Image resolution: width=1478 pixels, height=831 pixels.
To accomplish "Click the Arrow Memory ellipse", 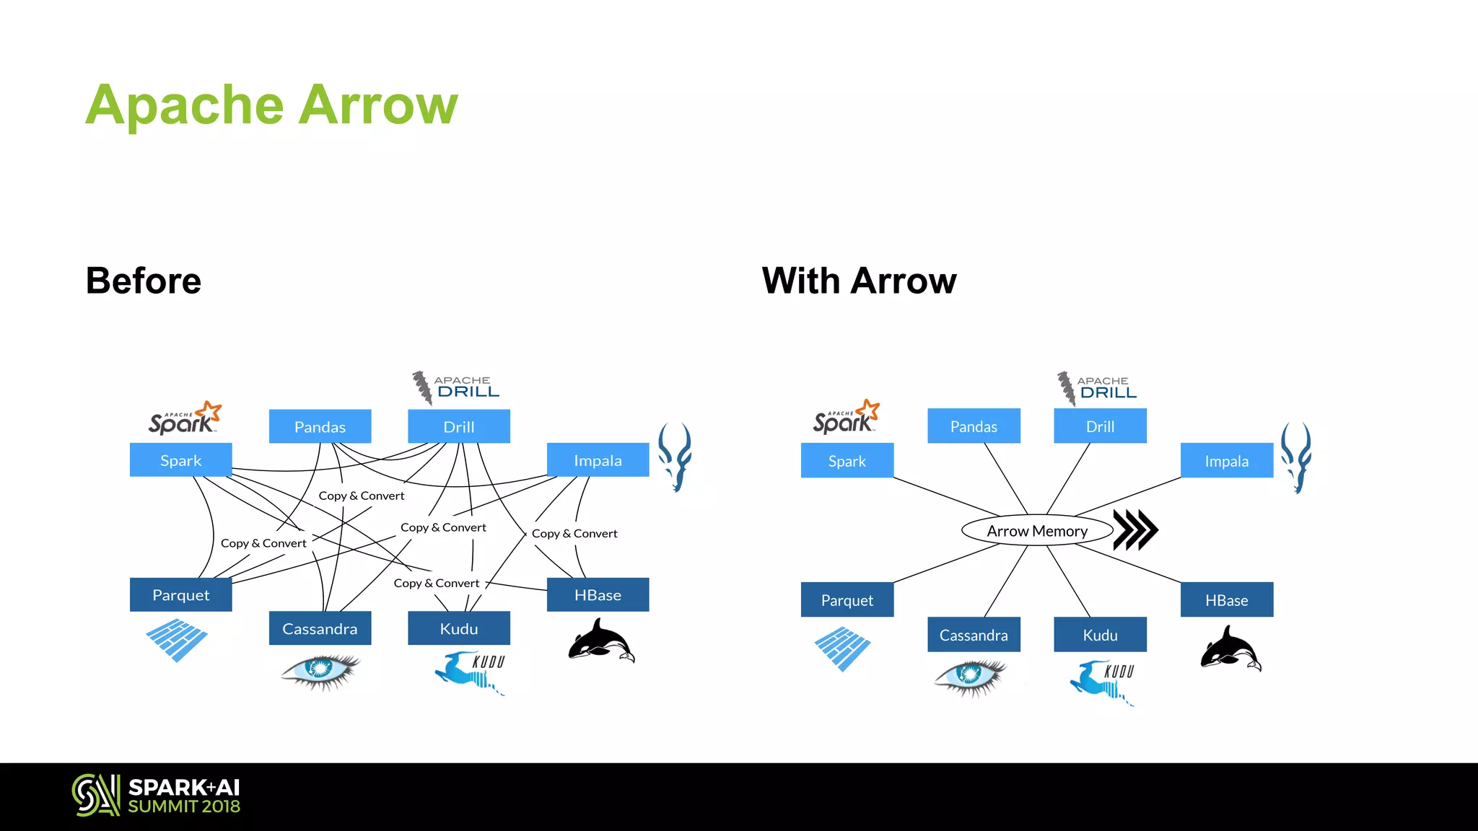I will point(1037,530).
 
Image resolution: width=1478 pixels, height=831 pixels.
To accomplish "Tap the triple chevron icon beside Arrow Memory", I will point(1135,530).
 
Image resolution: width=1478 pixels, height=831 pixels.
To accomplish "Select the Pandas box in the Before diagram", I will point(320,426).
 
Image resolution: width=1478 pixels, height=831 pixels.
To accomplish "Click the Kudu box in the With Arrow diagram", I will point(1100,635).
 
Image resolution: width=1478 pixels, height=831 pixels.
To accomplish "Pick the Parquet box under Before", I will point(180,595).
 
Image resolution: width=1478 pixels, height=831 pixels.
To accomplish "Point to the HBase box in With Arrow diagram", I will point(1226,600).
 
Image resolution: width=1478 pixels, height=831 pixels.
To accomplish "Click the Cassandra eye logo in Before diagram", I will point(320,670).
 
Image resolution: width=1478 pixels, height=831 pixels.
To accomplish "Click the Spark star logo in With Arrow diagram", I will point(846,417).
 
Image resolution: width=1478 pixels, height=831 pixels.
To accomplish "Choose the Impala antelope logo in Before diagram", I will point(675,457).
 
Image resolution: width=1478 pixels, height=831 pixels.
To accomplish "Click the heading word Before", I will point(144,281).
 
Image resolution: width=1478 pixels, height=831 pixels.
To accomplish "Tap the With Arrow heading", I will point(859,281).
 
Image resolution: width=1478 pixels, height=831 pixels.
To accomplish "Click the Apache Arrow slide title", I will point(271,105).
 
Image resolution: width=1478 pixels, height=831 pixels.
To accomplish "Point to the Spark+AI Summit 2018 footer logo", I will point(156,796).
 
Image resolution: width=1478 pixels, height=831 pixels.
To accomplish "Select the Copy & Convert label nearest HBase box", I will point(574,534).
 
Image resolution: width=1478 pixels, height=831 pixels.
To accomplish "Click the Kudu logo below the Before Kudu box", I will point(470,672).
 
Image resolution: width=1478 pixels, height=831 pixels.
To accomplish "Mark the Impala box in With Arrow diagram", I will point(1226,461).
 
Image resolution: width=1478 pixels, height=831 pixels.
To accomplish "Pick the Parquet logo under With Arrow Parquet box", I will point(842,648).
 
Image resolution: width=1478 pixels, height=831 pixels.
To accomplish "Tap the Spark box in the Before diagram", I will point(180,460).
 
